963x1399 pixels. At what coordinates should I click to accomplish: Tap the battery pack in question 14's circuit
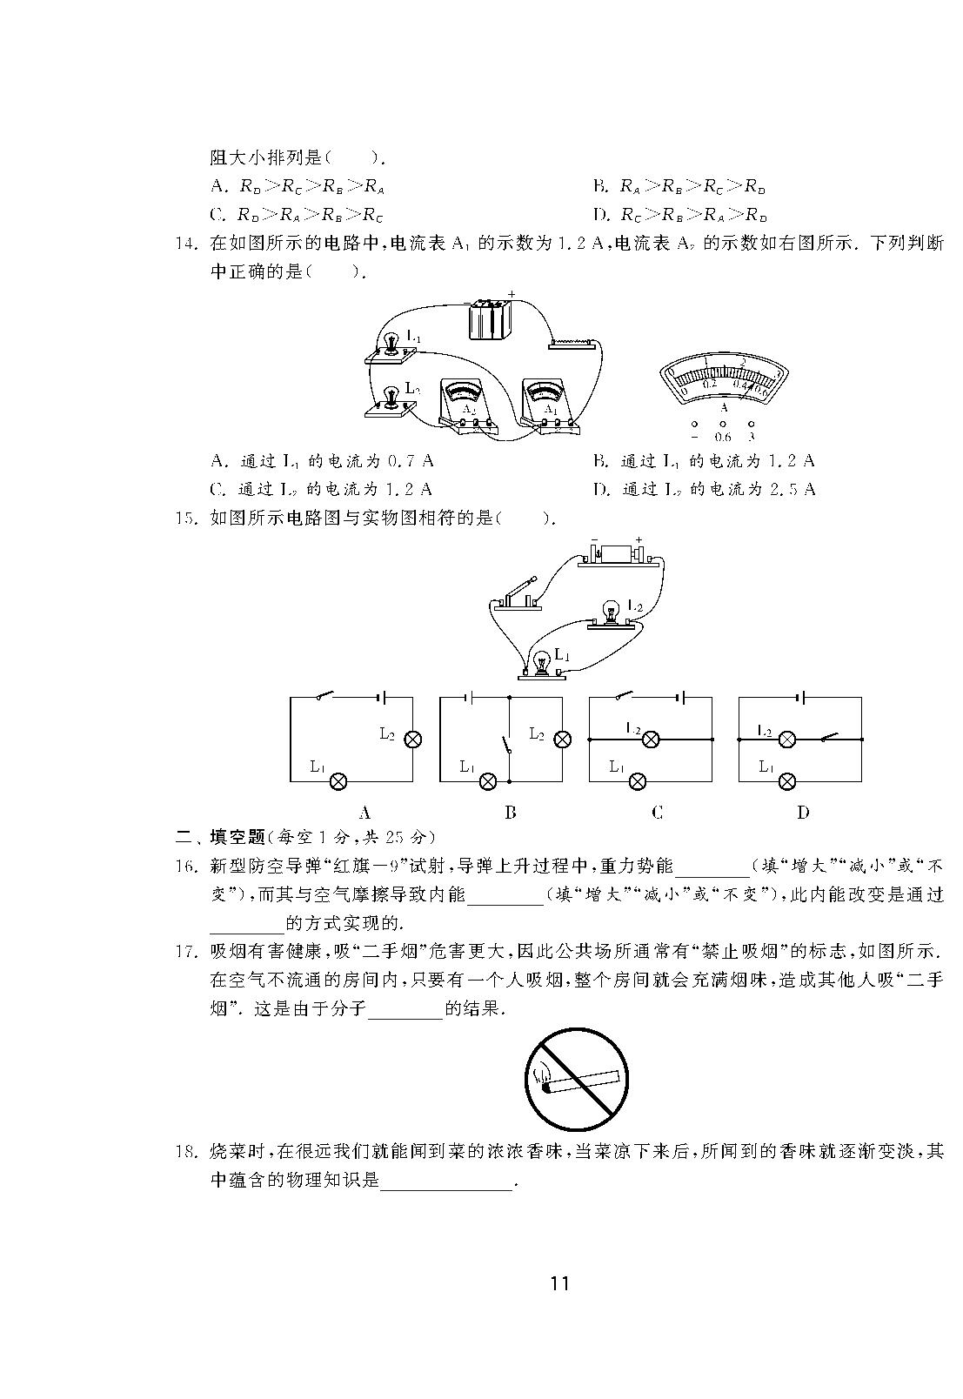coord(491,318)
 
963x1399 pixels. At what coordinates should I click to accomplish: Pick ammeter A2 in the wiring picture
coord(467,404)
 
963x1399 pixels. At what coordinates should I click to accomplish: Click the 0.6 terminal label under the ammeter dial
coord(723,437)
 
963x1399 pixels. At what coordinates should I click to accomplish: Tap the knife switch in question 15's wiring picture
coord(517,594)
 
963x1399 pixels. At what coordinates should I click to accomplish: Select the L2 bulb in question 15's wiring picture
coord(613,614)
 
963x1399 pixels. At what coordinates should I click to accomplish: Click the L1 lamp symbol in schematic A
coord(338,781)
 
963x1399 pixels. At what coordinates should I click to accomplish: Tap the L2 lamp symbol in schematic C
coord(651,740)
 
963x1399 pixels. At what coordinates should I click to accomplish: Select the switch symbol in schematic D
coord(829,737)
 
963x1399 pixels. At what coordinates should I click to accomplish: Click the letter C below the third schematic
coord(657,813)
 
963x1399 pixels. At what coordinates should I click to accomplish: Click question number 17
coord(185,952)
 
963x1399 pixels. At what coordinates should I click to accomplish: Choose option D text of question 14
coord(705,489)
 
